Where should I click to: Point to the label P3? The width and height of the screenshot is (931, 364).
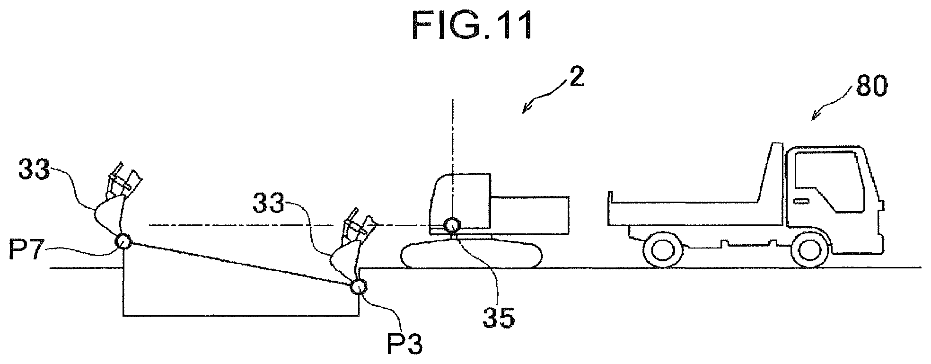click(404, 345)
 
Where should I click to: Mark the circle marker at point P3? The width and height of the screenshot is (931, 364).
click(358, 286)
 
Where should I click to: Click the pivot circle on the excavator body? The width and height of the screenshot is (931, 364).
click(453, 225)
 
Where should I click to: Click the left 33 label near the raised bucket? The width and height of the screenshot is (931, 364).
click(34, 170)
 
